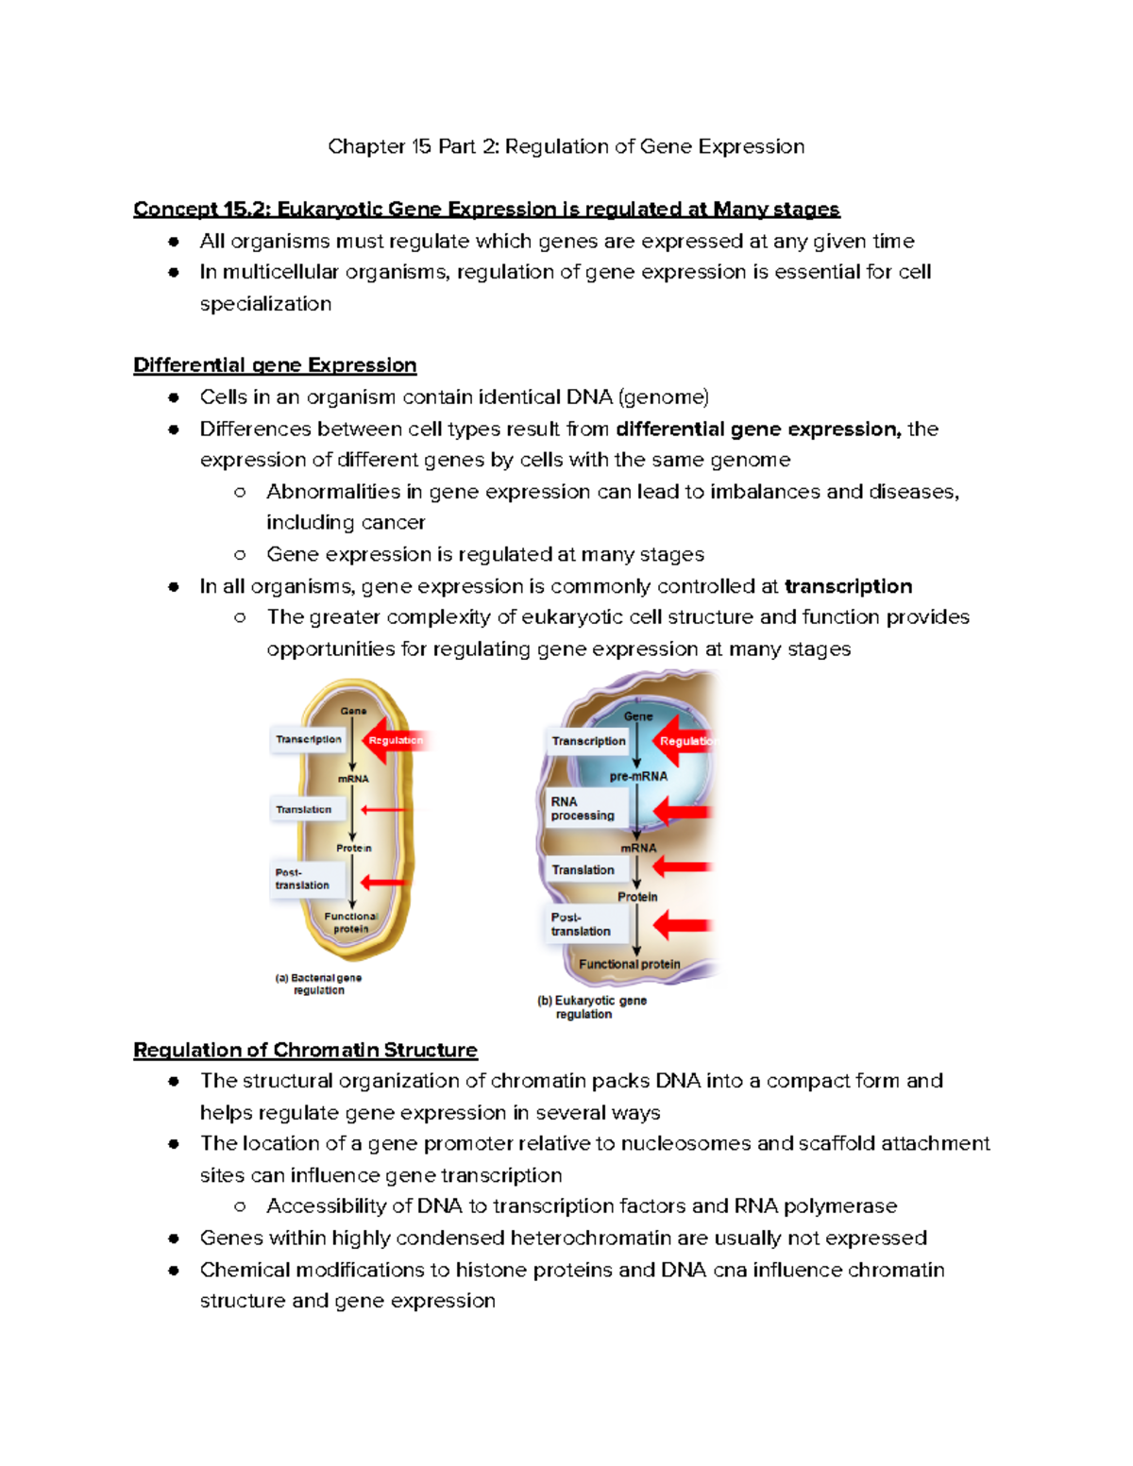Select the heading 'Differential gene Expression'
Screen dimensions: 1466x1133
coord(275,365)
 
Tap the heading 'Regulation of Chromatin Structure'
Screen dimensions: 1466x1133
coord(305,1050)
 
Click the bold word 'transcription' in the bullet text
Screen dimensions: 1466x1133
coord(848,586)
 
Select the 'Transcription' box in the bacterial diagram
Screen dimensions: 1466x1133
coord(309,740)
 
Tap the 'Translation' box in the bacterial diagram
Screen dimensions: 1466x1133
coord(304,810)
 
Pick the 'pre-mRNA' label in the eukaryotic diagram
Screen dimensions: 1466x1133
coord(638,776)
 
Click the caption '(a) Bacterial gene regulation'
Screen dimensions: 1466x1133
coord(318,984)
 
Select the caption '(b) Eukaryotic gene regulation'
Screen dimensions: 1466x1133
coord(592,1007)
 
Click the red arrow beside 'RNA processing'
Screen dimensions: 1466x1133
coord(682,811)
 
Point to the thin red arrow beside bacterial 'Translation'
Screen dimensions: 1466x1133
coord(382,810)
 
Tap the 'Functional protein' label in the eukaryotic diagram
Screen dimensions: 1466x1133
coord(629,964)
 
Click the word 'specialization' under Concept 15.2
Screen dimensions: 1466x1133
coord(265,304)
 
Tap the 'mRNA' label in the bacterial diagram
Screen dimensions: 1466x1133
coord(353,779)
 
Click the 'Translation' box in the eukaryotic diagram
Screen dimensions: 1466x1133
coord(583,869)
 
